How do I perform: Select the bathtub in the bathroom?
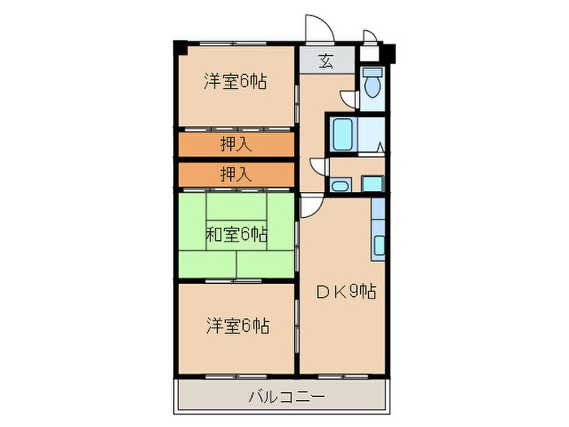pos(342,132)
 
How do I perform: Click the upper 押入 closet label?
pos(236,145)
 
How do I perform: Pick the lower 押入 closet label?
pos(236,173)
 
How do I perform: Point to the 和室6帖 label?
pos(236,235)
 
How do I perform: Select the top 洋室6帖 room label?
pos(236,81)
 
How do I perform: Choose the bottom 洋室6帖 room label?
pos(236,326)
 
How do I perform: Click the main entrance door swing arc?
pos(319,28)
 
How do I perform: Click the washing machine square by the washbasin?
pos(372,184)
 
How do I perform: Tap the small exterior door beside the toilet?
pos(369,37)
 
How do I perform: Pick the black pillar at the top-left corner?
pos(178,46)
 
